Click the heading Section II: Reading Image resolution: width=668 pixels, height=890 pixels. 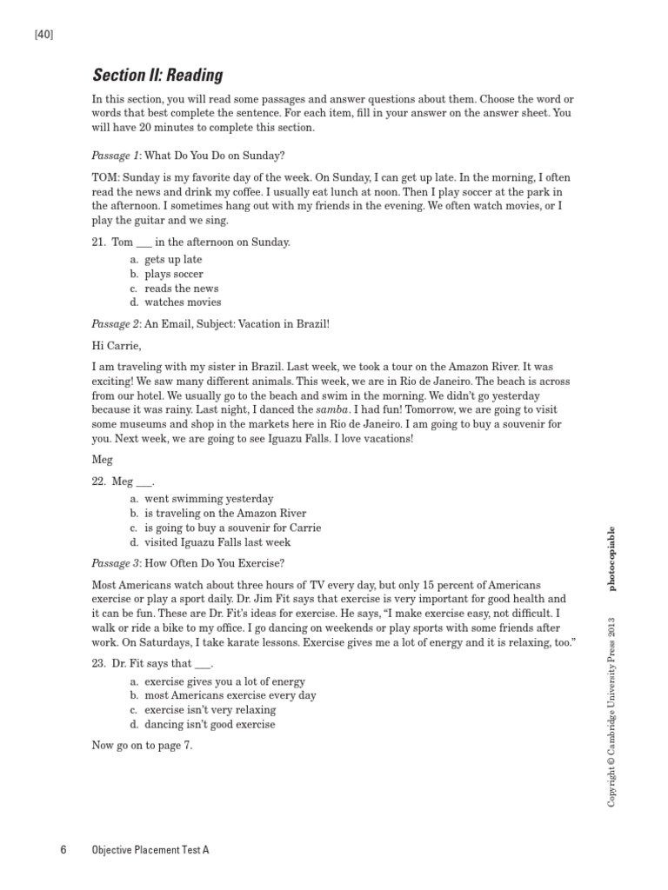click(157, 75)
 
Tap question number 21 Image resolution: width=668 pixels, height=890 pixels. click(99, 242)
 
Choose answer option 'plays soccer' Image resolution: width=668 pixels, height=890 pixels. click(174, 274)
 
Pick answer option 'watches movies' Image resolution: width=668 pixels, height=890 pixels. click(183, 302)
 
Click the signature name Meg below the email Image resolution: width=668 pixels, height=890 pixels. click(102, 459)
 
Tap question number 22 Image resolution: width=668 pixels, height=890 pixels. click(99, 481)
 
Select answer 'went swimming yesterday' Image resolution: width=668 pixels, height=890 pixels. click(209, 499)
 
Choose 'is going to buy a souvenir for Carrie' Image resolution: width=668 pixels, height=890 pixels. click(232, 528)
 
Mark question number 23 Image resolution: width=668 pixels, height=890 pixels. click(99, 664)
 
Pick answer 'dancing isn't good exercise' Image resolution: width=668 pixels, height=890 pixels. click(210, 724)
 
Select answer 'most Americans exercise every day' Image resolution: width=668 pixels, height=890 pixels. click(230, 695)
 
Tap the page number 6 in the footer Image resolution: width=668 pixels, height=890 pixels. click(63, 850)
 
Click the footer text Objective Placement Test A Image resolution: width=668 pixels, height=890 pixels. click(150, 850)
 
